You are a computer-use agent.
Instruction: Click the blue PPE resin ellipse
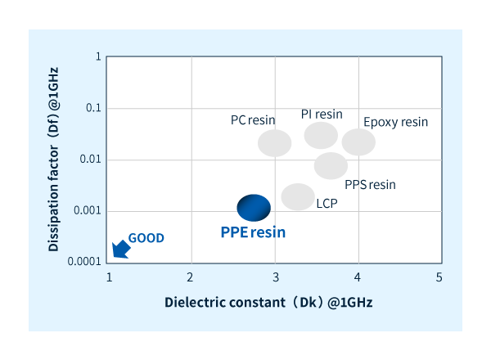(x=254, y=208)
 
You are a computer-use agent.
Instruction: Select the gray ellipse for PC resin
(x=275, y=143)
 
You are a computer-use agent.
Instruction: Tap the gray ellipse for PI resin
(x=321, y=135)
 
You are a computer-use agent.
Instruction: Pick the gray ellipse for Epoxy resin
(x=358, y=142)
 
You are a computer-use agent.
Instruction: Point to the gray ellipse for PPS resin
(x=331, y=165)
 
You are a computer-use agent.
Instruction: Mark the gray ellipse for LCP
(x=298, y=196)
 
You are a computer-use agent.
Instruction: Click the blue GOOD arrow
(x=119, y=249)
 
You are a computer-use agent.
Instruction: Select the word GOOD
(x=146, y=238)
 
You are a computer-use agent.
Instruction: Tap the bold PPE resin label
(x=254, y=232)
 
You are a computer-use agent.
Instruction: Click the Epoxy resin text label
(x=396, y=122)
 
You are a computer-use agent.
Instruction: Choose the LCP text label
(x=327, y=201)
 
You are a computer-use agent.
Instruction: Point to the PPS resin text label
(x=370, y=184)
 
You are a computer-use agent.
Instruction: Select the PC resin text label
(x=253, y=119)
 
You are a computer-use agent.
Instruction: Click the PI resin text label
(x=322, y=114)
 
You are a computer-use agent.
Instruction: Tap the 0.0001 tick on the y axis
(x=84, y=262)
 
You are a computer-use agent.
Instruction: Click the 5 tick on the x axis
(x=439, y=277)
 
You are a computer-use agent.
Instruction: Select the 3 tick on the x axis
(x=275, y=277)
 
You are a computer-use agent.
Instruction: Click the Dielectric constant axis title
(x=268, y=302)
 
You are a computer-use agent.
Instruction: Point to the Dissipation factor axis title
(x=53, y=160)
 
